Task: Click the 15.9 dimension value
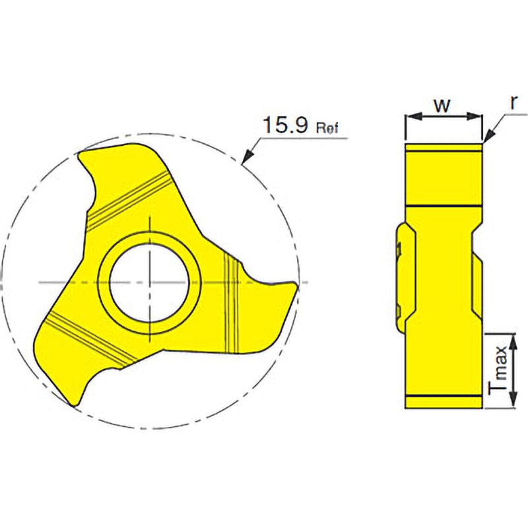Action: click(285, 125)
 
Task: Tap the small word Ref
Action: click(327, 128)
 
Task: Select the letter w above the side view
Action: click(442, 106)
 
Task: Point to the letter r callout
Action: click(513, 102)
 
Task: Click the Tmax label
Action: click(498, 368)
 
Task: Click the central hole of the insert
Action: click(148, 282)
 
